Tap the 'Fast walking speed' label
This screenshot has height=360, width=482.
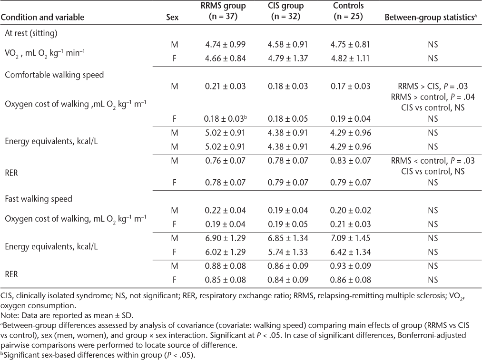(39, 199)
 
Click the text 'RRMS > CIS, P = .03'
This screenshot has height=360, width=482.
(432, 87)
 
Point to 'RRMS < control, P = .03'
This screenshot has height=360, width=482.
(432, 161)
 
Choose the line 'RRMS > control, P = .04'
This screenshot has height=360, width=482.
(432, 97)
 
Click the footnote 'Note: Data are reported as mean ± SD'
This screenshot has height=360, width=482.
(61, 314)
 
